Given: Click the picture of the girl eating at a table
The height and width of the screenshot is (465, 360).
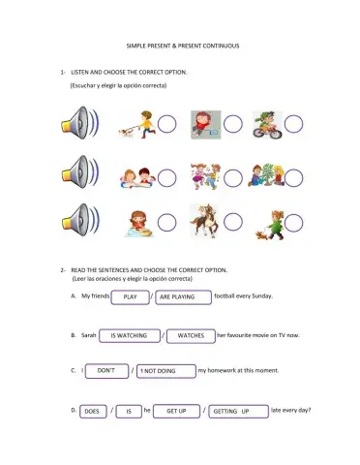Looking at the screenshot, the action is click(136, 222).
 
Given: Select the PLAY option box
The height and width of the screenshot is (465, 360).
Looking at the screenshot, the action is click(131, 295).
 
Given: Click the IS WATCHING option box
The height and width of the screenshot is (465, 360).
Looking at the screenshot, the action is click(130, 334).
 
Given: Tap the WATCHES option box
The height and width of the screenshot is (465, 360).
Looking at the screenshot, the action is click(192, 334).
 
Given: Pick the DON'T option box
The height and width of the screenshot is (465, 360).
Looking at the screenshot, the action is click(107, 370).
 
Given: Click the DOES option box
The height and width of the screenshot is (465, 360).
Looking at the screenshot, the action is click(92, 411).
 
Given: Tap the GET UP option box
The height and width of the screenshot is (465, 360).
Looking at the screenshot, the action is click(176, 411).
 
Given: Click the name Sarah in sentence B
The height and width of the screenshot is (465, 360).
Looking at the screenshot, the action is click(92, 334).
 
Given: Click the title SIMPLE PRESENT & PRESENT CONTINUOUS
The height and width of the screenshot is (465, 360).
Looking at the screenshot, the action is click(181, 46).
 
